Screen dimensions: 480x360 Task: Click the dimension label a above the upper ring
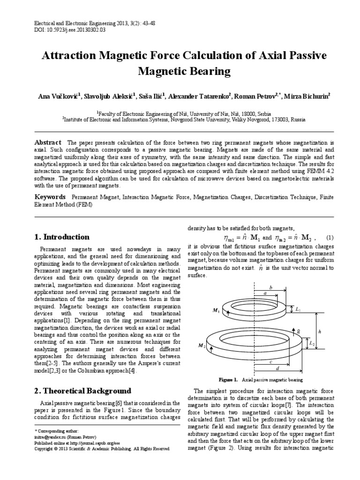(265, 292)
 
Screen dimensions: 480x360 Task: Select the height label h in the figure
(320, 331)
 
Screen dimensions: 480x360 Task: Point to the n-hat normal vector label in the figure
(298, 331)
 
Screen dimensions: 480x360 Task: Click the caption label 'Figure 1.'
(229, 379)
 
